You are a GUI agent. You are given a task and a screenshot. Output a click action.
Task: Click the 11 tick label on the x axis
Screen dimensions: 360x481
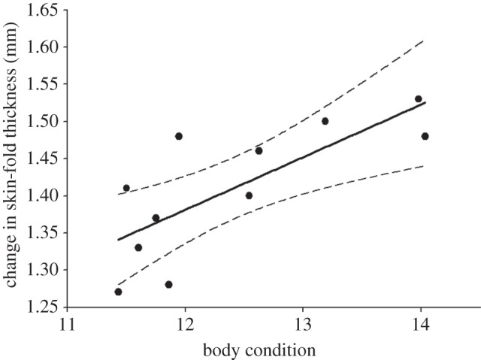pyautogui.click(x=67, y=324)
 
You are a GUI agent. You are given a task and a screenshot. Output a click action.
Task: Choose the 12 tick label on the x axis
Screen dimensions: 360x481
pyautogui.click(x=185, y=324)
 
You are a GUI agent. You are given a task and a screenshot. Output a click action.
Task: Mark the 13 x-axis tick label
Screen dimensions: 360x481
pyautogui.click(x=303, y=324)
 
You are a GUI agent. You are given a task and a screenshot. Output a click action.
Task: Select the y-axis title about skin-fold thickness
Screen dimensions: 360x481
pyautogui.click(x=13, y=159)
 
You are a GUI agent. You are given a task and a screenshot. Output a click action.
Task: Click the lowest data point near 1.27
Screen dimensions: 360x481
pyautogui.click(x=118, y=292)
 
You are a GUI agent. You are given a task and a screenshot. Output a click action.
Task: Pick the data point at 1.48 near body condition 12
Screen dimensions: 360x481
pyautogui.click(x=179, y=136)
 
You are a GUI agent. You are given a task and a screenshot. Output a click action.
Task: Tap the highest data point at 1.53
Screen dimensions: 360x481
pyautogui.click(x=419, y=98)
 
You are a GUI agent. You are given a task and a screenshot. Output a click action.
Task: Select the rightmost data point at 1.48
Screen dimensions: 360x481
pyautogui.click(x=425, y=136)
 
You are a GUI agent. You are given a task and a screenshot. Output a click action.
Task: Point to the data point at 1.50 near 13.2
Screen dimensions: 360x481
pyautogui.click(x=325, y=121)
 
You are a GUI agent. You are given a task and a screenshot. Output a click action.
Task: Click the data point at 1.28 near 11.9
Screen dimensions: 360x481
pyautogui.click(x=168, y=284)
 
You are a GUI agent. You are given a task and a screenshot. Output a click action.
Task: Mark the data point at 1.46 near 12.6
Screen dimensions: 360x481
pyautogui.click(x=259, y=150)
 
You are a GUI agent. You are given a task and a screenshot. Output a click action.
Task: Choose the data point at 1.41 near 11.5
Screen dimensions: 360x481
pyautogui.click(x=126, y=188)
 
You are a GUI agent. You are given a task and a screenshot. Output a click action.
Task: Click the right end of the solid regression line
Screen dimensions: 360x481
pyautogui.click(x=425, y=102)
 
